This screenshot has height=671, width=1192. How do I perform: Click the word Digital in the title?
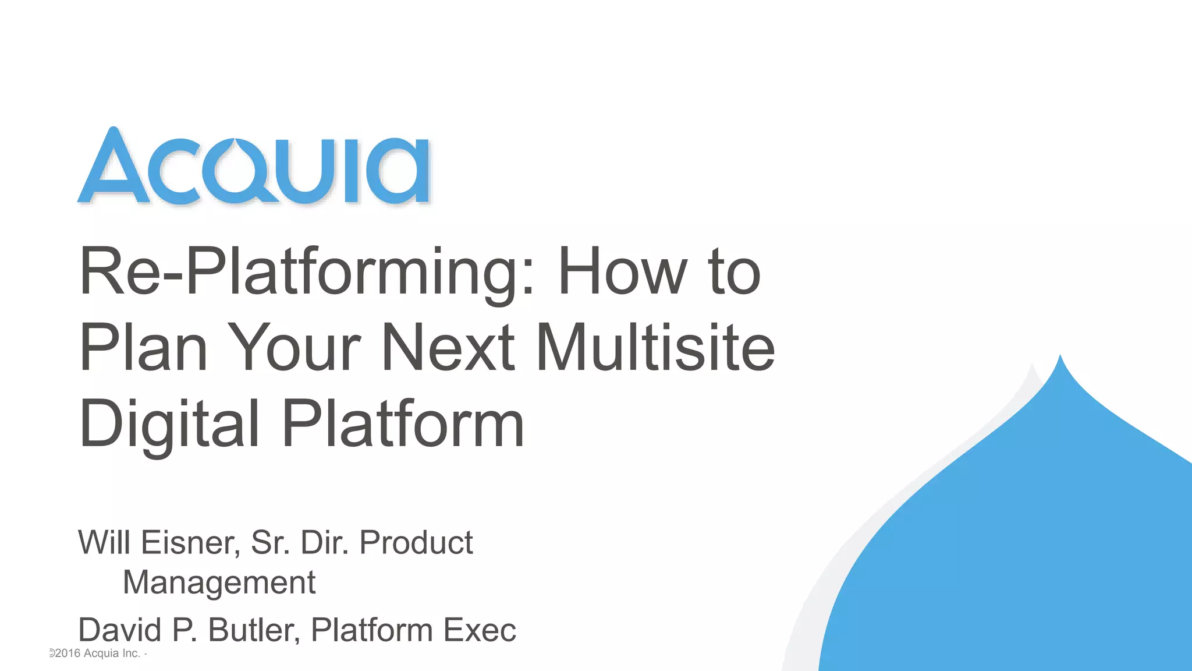[169, 424]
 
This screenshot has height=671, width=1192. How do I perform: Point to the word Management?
[219, 582]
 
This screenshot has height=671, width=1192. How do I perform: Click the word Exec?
[479, 630]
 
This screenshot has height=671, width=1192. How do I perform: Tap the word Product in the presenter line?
[416, 543]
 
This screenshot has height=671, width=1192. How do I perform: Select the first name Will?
[104, 543]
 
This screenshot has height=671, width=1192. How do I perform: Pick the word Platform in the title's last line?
[403, 424]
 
